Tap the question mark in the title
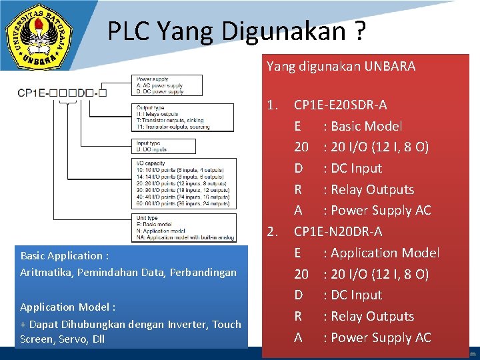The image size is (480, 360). click(359, 31)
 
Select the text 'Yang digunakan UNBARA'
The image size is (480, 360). click(341, 66)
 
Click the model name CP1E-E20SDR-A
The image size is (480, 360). click(340, 105)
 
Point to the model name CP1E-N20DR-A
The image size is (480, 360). click(338, 231)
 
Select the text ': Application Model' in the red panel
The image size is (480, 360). click(381, 253)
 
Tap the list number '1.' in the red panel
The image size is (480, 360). click(272, 105)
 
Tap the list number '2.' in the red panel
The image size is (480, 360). click(272, 231)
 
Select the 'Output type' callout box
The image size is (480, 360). click(183, 117)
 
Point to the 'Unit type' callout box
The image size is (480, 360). click(183, 227)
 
